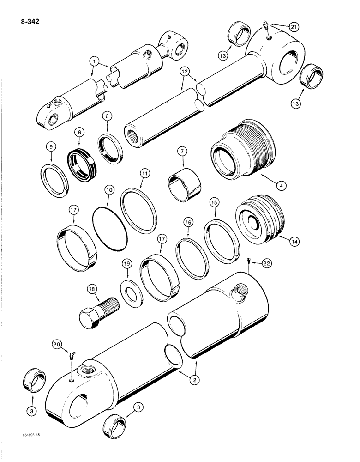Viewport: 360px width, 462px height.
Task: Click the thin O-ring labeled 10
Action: point(109,228)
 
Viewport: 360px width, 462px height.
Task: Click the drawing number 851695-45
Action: point(20,447)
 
